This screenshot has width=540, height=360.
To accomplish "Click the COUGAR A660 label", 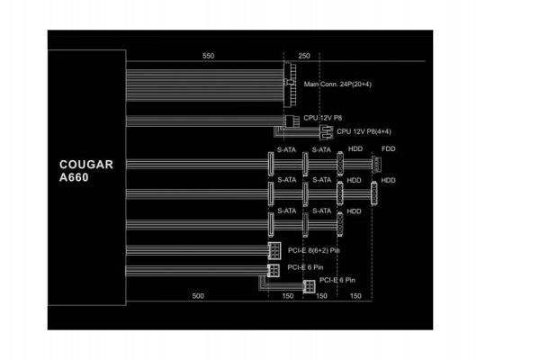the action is [x=86, y=171].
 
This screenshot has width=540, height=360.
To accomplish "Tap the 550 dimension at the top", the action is [x=209, y=56].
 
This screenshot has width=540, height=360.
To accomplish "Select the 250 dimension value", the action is [x=304, y=56].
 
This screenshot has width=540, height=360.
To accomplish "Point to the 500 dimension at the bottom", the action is [x=198, y=296].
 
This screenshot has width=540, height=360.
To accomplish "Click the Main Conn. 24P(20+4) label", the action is [x=337, y=84].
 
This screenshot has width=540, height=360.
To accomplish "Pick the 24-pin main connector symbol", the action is [x=290, y=85].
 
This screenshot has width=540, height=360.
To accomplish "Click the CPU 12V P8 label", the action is [x=323, y=118].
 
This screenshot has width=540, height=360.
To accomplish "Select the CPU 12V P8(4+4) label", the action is [x=364, y=131].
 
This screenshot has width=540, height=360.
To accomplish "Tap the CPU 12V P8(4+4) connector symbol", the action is [x=326, y=132].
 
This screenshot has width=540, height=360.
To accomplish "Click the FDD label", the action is [x=389, y=149].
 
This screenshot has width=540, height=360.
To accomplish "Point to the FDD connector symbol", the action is [x=376, y=165].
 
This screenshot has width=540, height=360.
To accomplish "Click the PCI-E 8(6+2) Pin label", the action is [x=314, y=250].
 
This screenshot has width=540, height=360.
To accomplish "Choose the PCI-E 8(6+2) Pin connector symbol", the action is [x=274, y=250].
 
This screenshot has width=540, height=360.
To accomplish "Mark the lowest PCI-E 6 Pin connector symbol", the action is [x=309, y=286].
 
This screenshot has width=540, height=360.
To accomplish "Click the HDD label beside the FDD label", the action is [x=355, y=149].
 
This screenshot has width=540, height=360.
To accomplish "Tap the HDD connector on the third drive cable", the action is [x=340, y=224].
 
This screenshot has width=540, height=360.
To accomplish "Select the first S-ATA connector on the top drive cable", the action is [x=271, y=165].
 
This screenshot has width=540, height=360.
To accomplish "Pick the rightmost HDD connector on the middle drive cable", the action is [x=374, y=194].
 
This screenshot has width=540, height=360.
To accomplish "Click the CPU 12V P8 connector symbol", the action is [x=290, y=121].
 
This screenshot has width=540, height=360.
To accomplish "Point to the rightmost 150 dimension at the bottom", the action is [x=355, y=296].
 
